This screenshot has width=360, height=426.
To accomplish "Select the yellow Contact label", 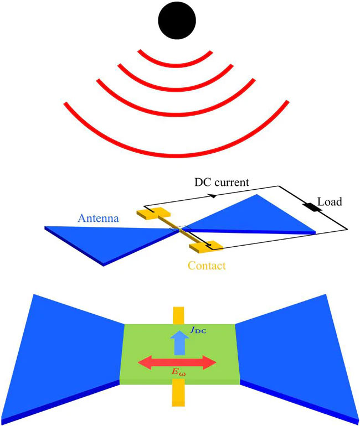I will (207, 266).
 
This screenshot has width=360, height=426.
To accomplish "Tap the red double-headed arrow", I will (176, 363).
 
